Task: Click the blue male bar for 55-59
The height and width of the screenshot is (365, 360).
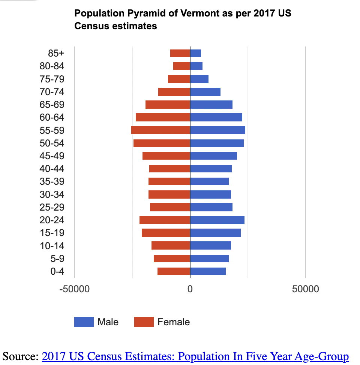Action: pyautogui.click(x=217, y=130)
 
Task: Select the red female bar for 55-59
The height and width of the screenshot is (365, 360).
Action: pyautogui.click(x=160, y=130)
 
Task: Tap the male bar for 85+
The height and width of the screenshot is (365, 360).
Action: pyautogui.click(x=195, y=53)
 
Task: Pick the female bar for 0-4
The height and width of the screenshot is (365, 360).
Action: pyautogui.click(x=174, y=271)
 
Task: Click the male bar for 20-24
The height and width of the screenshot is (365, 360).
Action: pyautogui.click(x=217, y=220)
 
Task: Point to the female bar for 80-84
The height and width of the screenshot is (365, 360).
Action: pyautogui.click(x=181, y=66)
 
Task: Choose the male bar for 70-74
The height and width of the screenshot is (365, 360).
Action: pyautogui.click(x=205, y=92)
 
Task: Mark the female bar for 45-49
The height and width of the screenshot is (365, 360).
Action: pyautogui.click(x=166, y=156)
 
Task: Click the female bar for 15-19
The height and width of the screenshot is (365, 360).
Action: pyautogui.click(x=166, y=233)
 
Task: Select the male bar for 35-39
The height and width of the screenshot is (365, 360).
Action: pyautogui.click(x=209, y=181)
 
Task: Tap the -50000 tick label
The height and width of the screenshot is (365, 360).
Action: pyautogui.click(x=74, y=289)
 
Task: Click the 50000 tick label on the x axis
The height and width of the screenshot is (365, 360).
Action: pyautogui.click(x=306, y=289)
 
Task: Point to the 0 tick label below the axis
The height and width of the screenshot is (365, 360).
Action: pyautogui.click(x=190, y=289)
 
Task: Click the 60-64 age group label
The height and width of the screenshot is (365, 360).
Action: pyautogui.click(x=52, y=118)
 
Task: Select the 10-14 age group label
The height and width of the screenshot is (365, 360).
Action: pyautogui.click(x=52, y=246)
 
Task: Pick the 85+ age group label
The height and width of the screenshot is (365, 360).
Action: pyautogui.click(x=56, y=53)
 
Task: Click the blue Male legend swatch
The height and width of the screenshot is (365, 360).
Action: pyautogui.click(x=84, y=322)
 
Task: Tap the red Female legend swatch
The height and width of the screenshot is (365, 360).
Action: pyautogui.click(x=144, y=322)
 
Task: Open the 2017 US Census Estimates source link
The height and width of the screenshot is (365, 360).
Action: pyautogui.click(x=195, y=356)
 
